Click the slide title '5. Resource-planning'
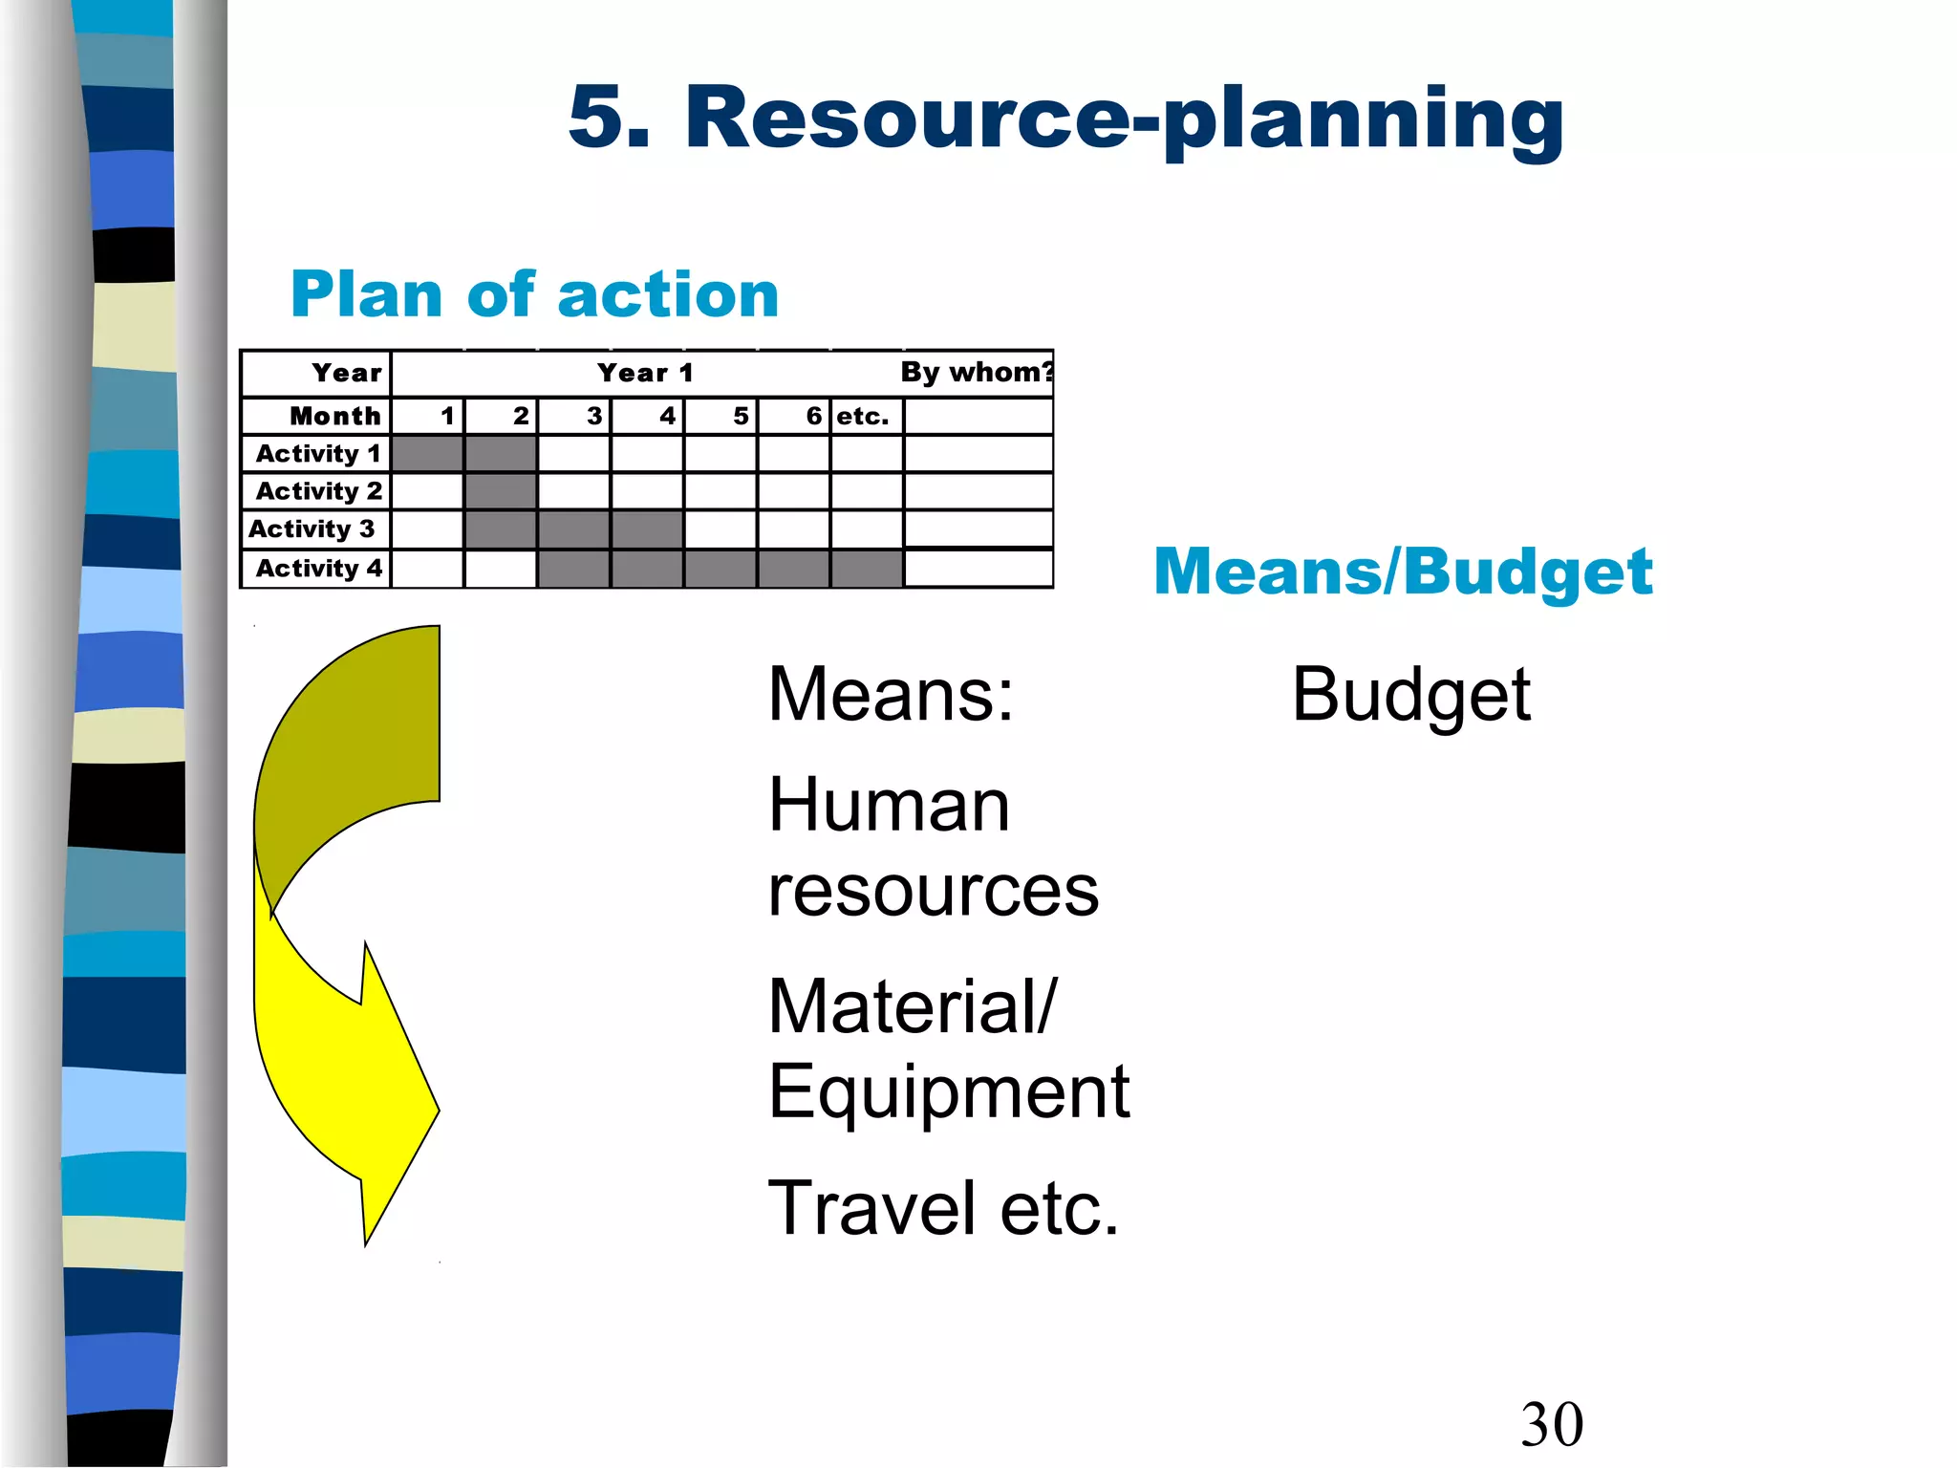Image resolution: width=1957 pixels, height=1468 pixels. pos(1065,119)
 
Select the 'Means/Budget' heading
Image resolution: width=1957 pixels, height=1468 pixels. pos(1403,572)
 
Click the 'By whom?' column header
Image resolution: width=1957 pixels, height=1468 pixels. pos(977,372)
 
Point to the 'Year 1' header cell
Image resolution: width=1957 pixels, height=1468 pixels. pos(645,373)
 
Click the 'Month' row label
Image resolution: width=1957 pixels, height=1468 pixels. pos(334,416)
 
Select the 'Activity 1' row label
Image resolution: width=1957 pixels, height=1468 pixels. pos(318,453)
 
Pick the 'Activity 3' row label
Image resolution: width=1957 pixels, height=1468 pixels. pos(312,529)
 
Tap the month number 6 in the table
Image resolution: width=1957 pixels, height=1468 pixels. pos(813,416)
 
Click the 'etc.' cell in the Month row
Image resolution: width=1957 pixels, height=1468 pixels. pos(863,416)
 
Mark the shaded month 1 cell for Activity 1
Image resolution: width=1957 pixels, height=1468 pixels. pos(427,453)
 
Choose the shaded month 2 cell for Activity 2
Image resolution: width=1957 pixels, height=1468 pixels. pos(501,491)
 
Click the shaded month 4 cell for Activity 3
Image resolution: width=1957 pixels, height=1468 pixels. pos(647,529)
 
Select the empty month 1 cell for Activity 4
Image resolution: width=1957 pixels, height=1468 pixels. pos(427,569)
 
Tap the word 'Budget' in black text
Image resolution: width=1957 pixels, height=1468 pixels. pos(1410,696)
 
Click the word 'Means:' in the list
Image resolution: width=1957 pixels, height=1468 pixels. pos(891,695)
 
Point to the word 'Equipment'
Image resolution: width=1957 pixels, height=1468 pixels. pos(949,1091)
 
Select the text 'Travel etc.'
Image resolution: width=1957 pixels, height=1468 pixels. pos(943,1209)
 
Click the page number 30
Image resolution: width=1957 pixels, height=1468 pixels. pos(1552,1424)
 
